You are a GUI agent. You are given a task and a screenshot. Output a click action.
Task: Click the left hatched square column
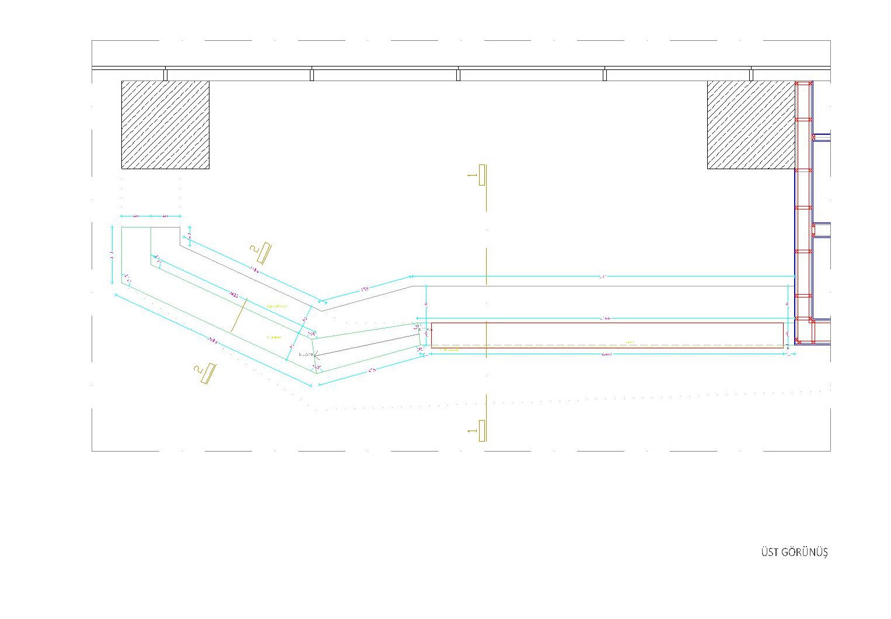pos(165,125)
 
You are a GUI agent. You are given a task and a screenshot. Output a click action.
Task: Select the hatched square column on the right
pos(751,125)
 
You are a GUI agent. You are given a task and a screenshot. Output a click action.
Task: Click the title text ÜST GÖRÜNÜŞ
pos(794,552)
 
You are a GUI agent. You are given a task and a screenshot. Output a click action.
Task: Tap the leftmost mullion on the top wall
pos(166,75)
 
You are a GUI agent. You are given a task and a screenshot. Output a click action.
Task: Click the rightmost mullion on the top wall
pos(751,75)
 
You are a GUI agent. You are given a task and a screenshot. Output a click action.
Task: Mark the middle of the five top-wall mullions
pos(458,75)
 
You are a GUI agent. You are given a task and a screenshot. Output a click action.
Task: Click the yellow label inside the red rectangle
pos(629,342)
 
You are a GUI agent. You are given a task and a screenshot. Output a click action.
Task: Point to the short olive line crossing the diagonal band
pos(239,315)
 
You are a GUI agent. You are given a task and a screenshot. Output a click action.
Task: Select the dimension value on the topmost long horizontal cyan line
pos(602,276)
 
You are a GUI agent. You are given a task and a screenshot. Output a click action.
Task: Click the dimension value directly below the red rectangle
pos(607,354)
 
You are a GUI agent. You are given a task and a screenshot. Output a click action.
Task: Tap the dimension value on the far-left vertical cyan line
pos(112,254)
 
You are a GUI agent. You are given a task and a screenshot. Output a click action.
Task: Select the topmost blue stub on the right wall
pos(822,138)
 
